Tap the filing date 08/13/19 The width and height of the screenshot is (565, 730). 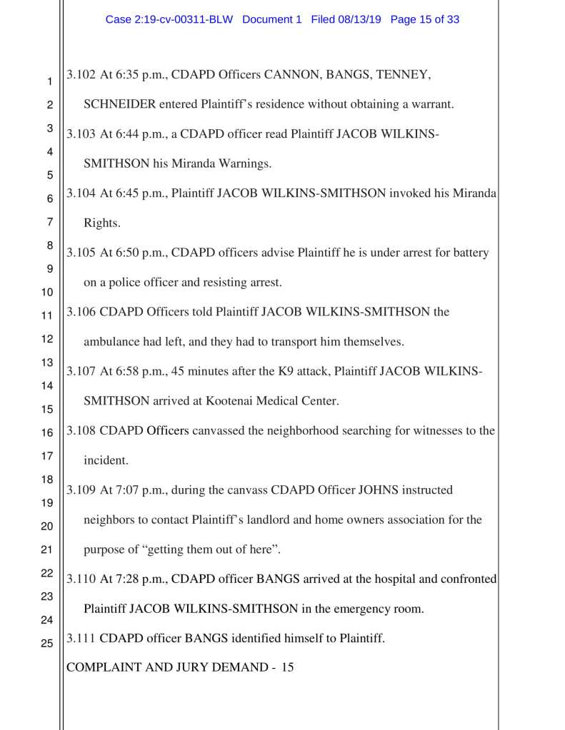(361, 20)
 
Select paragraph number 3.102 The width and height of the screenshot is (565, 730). (81, 74)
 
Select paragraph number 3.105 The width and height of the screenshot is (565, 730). (81, 253)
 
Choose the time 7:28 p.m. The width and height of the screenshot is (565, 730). (131, 579)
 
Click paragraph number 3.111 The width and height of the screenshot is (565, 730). (81, 639)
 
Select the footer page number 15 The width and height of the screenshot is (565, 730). (287, 668)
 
